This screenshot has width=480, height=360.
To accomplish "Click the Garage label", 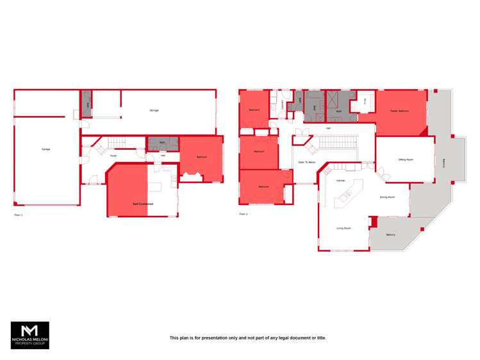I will (46, 149).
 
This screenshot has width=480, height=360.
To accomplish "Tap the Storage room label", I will (154, 111).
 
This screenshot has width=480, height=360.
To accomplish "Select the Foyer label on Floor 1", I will (113, 156).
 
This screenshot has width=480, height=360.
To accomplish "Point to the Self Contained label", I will (142, 204).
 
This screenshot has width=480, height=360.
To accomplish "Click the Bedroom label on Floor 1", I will (201, 156).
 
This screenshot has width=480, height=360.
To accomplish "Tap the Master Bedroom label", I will (399, 111).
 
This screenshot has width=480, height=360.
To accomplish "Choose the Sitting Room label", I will (405, 159).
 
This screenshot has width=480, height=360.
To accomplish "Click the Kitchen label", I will (341, 181).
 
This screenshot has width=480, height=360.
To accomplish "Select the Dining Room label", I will (386, 197).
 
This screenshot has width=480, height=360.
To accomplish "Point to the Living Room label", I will (343, 228).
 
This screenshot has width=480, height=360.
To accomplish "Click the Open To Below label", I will (306, 163).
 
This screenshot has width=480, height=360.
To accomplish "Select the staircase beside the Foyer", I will (117, 143).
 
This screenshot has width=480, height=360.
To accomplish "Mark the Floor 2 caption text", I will (243, 214).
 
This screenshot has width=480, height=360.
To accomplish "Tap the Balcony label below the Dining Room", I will (390, 234).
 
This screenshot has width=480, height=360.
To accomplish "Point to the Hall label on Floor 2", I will (328, 129).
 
